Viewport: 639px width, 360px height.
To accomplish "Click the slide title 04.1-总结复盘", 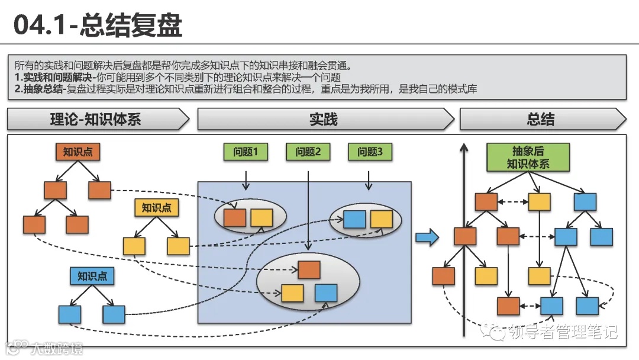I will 97,25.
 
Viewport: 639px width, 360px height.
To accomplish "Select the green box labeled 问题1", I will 246,152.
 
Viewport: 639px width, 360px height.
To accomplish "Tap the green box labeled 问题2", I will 308,152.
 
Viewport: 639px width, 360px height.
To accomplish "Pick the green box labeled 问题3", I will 370,152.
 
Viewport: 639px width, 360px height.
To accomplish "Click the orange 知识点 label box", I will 78,152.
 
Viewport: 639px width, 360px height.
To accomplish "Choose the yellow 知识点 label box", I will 157,208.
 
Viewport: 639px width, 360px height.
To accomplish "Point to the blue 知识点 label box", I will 92,276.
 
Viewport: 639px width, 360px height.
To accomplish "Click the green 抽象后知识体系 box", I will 527,157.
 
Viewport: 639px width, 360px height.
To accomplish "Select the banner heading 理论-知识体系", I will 95,120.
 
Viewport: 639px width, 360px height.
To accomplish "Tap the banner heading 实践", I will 323,120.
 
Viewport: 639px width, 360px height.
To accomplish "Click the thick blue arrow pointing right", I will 427,238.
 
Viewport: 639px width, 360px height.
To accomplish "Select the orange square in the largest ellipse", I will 309,269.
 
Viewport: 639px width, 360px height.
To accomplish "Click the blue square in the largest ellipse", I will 326,292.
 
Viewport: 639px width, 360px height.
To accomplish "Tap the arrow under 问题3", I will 369,180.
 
